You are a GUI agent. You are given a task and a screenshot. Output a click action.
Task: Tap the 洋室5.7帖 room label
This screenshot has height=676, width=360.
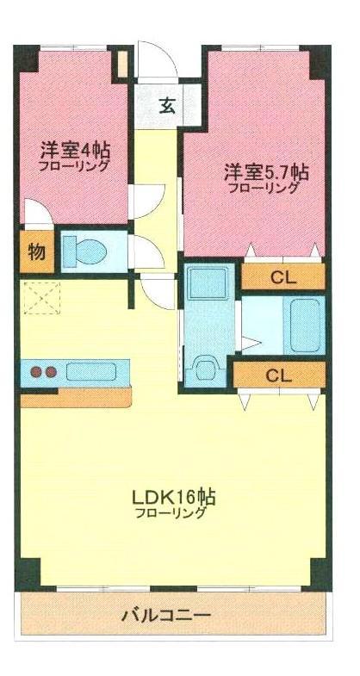point(267,170)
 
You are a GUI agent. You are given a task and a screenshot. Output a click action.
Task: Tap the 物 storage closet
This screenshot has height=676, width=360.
point(36,252)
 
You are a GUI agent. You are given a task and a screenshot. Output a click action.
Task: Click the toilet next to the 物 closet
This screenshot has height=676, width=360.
point(87,251)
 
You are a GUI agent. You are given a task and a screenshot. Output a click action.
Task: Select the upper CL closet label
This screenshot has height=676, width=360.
point(280,277)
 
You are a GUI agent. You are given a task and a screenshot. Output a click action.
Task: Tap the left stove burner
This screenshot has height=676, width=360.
point(37,373)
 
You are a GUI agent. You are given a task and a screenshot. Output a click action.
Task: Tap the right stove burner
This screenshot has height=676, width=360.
point(52,373)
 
